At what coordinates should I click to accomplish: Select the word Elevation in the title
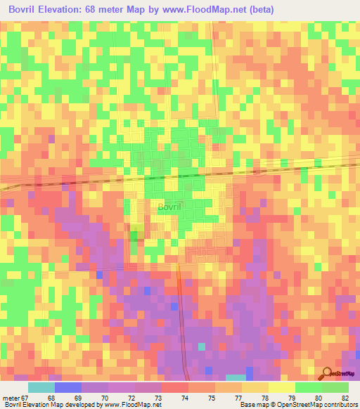(75, 10)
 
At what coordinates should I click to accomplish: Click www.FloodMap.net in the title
(200, 10)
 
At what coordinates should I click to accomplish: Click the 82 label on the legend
(344, 398)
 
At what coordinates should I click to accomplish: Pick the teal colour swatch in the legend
(41, 387)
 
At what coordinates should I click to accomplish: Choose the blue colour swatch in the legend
(67, 387)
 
